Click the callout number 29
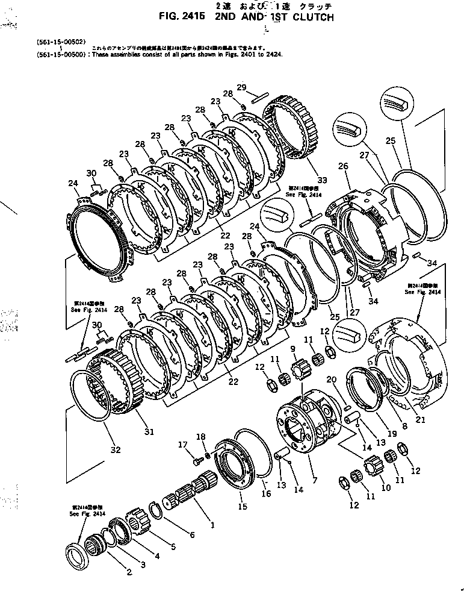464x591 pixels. tap(241, 88)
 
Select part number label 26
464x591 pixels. tap(343, 167)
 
